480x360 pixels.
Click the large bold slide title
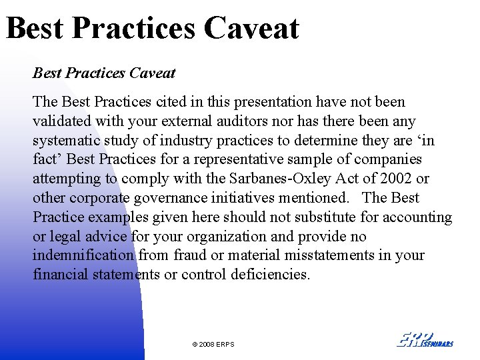pyautogui.click(x=153, y=28)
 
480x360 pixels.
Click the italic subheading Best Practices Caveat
pyautogui.click(x=104, y=73)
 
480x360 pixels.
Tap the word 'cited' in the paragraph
pyautogui.click(x=171, y=102)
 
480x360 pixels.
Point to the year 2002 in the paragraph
pyautogui.click(x=397, y=179)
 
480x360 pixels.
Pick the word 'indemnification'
pyautogui.click(x=83, y=255)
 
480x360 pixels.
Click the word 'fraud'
pyautogui.click(x=190, y=255)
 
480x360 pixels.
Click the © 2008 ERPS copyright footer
pyautogui.click(x=213, y=344)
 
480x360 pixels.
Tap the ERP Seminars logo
pyautogui.click(x=425, y=339)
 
